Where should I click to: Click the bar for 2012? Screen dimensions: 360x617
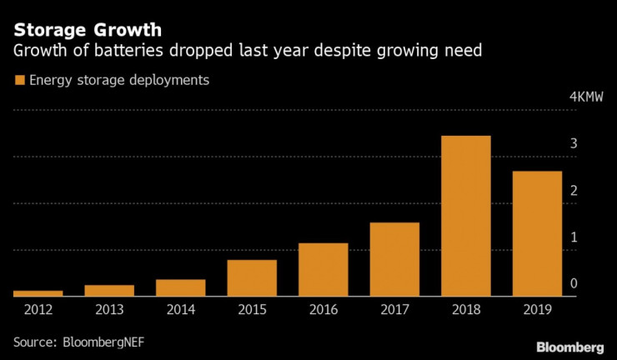coord(38,293)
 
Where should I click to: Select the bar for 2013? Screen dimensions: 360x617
coord(109,290)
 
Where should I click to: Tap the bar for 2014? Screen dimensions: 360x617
coord(180,287)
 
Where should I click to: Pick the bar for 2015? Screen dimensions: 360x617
coord(252,278)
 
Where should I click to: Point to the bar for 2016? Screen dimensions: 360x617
coord(324,269)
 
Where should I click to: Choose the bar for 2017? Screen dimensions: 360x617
coord(394,259)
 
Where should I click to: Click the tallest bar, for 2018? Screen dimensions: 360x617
coord(465,216)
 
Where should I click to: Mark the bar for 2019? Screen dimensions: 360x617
coord(537,233)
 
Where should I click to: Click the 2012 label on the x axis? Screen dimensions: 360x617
coord(38,311)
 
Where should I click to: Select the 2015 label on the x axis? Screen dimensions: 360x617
coord(252,311)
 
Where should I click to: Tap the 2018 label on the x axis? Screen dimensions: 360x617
coord(465,311)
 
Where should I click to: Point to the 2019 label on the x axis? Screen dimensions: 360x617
coord(537,311)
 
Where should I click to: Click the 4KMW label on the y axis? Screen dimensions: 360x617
coord(586,97)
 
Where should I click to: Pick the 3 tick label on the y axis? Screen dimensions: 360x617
coord(574,144)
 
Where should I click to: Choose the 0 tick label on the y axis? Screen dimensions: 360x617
coord(574,285)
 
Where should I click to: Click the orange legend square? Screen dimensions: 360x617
coord(18,81)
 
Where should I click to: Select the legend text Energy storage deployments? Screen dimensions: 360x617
coord(118,81)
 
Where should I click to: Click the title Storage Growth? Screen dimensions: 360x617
coord(82,31)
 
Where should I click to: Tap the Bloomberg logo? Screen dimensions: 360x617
coord(569,346)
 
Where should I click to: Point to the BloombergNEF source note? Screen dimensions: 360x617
coord(84,342)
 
